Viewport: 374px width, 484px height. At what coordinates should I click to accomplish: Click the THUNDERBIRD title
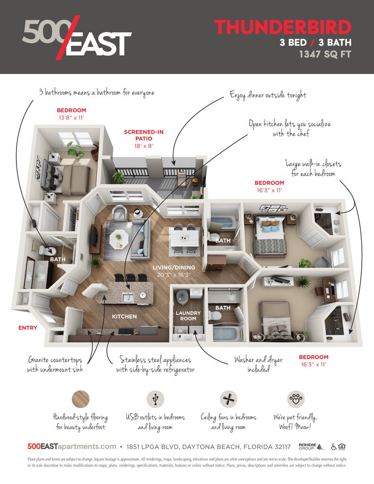pyautogui.click(x=282, y=27)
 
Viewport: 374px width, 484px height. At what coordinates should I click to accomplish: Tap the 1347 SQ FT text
pyautogui.click(x=325, y=54)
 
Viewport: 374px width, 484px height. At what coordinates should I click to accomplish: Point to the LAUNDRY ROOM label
pyautogui.click(x=188, y=316)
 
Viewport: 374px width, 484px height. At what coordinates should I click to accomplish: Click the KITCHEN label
pyautogui.click(x=124, y=316)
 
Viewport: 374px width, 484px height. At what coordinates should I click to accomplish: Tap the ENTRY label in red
pyautogui.click(x=27, y=328)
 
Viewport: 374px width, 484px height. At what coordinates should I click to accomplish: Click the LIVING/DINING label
pyautogui.click(x=171, y=268)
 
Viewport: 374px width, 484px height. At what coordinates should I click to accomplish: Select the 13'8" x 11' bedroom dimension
pyautogui.click(x=71, y=117)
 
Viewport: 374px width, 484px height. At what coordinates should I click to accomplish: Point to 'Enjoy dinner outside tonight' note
pyautogui.click(x=268, y=95)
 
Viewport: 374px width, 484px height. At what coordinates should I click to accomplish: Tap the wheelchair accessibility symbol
pyautogui.click(x=334, y=447)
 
